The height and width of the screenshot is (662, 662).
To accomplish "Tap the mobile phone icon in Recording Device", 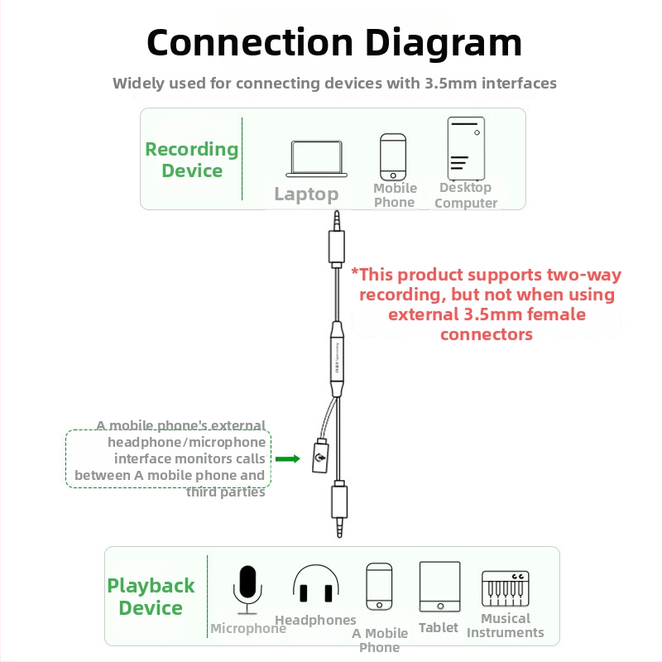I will [x=394, y=157].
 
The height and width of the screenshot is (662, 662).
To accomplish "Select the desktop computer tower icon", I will [x=464, y=148].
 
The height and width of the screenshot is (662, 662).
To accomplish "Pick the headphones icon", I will [x=315, y=584].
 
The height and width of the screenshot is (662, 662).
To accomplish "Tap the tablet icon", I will [x=439, y=588].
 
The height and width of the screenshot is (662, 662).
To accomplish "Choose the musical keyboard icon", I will [x=506, y=589].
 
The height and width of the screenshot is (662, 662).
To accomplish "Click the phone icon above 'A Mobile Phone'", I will [x=379, y=588].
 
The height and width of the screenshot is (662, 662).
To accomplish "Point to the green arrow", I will [x=287, y=458].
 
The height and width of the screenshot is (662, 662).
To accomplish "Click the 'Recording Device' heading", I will [x=192, y=160].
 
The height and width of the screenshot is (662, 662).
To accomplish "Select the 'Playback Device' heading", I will [x=151, y=597].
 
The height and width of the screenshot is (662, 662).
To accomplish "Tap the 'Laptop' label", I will [x=306, y=194].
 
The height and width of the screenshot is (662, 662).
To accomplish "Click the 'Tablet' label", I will [x=439, y=628].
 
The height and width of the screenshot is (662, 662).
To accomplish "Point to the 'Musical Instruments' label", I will [x=506, y=626].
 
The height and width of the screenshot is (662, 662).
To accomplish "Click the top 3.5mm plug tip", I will [x=337, y=219].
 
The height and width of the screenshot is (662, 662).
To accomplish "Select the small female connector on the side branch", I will [x=320, y=456].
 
